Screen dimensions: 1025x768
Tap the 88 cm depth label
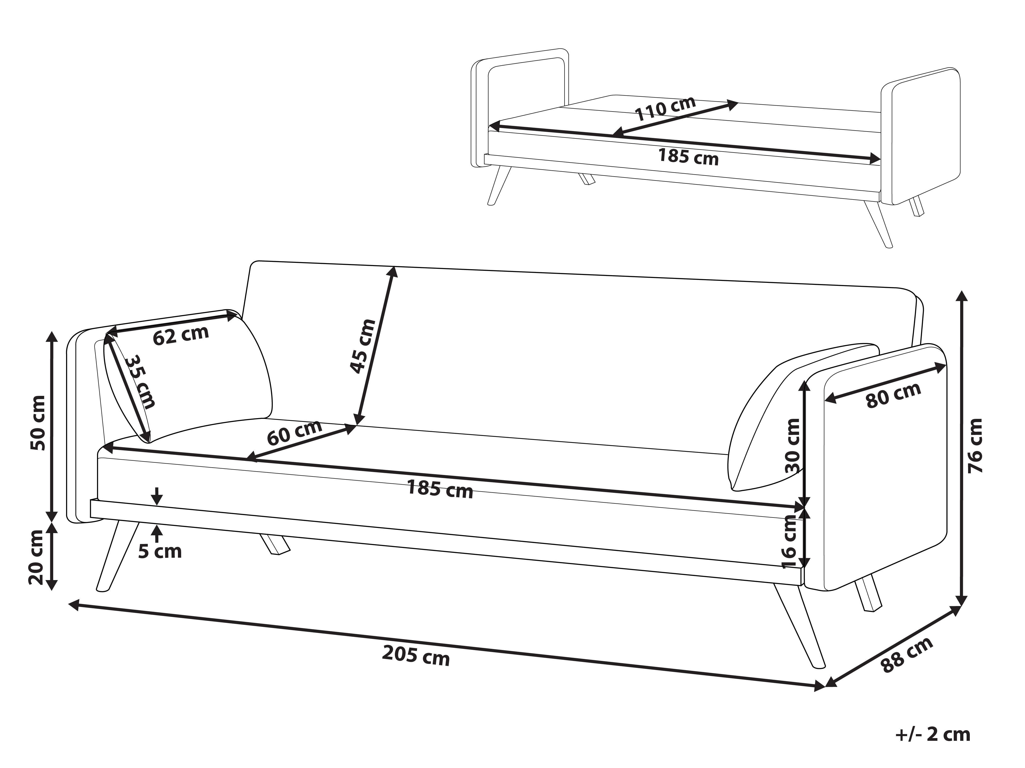coord(906,655)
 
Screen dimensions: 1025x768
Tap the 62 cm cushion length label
coord(181,335)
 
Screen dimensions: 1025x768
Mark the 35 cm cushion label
coord(140,382)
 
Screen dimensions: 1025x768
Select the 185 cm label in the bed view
coord(689,157)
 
